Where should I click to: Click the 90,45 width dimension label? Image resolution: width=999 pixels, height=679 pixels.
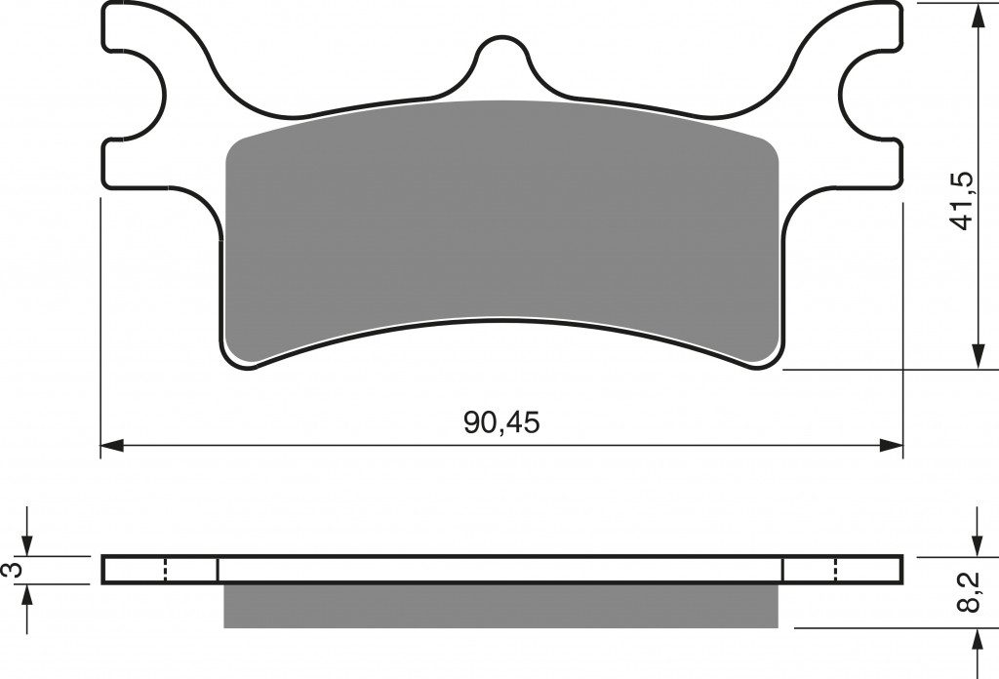point(501,422)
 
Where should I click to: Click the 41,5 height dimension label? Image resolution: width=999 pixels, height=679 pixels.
point(961,201)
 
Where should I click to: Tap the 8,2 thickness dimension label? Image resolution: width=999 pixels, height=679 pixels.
point(969,592)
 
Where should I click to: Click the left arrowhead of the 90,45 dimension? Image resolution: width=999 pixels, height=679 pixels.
point(112,445)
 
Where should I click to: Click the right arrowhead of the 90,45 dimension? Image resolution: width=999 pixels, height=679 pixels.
point(892,445)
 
